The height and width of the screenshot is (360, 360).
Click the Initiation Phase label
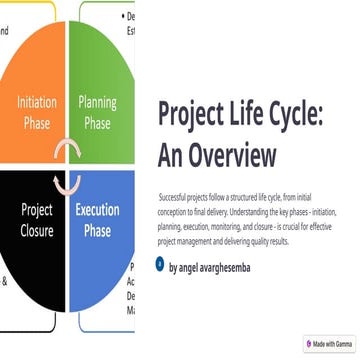pyautogui.click(x=36, y=112)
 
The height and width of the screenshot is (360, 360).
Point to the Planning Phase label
pyautogui.click(x=97, y=112)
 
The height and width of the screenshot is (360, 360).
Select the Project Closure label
pyautogui.click(x=36, y=221)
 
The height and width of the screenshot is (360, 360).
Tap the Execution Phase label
pyautogui.click(x=97, y=221)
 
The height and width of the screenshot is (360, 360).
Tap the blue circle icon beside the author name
pyautogui.click(x=160, y=265)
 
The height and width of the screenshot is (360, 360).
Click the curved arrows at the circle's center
pyautogui.click(x=68, y=166)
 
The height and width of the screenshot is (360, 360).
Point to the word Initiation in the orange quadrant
pyautogui.click(x=36, y=101)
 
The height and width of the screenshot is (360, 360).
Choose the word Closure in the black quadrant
pyautogui.click(x=36, y=231)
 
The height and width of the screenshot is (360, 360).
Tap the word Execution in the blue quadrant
pyautogui.click(x=97, y=211)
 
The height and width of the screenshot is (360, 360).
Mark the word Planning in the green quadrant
pyautogui.click(x=97, y=101)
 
